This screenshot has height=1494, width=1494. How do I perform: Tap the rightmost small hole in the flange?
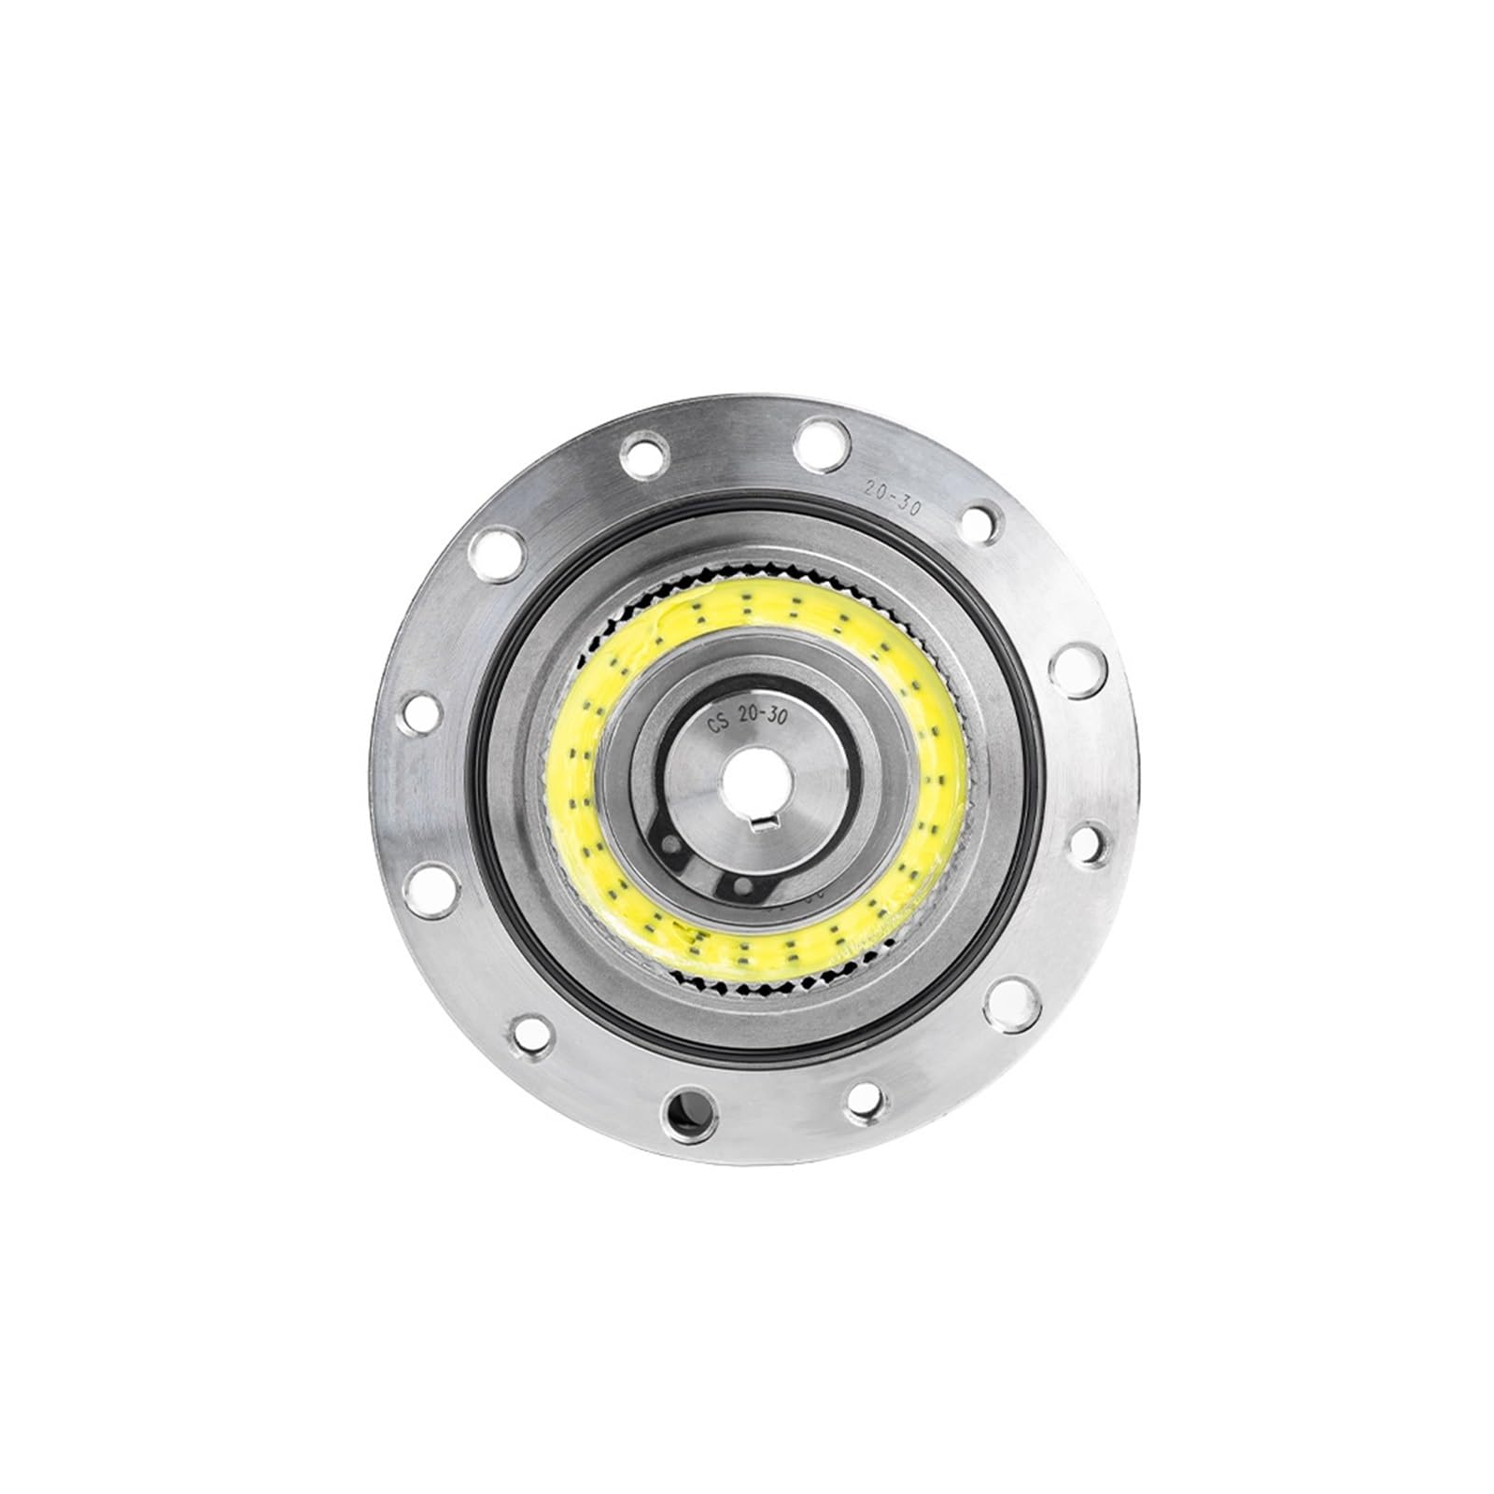pos(1086,842)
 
